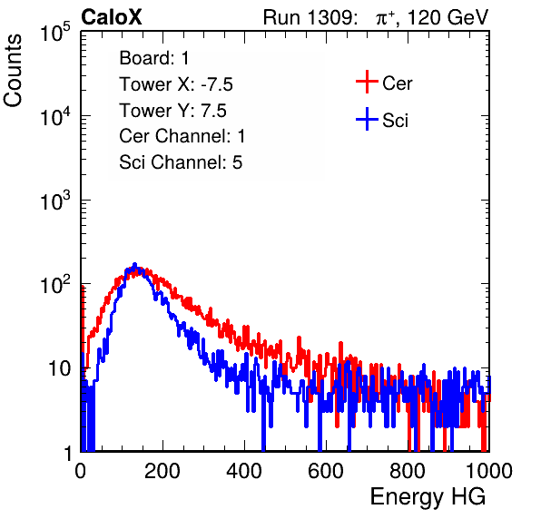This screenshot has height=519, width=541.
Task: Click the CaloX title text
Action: [x=111, y=17]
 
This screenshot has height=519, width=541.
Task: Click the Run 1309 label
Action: [x=310, y=17]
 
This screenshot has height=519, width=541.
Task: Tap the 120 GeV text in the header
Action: [x=448, y=17]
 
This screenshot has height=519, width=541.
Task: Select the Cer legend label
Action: [x=397, y=83]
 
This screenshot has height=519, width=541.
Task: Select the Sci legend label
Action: [x=395, y=121]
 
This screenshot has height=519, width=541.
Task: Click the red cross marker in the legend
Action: [x=367, y=82]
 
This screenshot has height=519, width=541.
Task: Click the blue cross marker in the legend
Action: [x=367, y=119]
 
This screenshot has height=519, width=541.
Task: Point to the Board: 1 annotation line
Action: [x=154, y=58]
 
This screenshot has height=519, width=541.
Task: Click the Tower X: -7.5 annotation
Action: [x=176, y=84]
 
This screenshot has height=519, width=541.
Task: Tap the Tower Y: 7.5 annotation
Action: [x=172, y=111]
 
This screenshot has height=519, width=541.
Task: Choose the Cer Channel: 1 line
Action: [x=182, y=136]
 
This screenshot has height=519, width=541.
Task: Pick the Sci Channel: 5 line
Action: [x=181, y=162]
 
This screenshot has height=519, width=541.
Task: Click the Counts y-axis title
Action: [x=13, y=71]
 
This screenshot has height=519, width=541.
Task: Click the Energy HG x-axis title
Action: [x=428, y=496]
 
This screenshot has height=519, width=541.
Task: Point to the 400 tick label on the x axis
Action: [x=244, y=471]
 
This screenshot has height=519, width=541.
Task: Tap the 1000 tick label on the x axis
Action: [x=489, y=471]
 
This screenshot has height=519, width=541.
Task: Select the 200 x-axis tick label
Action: [x=162, y=471]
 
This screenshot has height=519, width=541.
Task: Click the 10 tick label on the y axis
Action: [x=60, y=368]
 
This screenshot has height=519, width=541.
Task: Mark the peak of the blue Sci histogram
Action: [x=134, y=264]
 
